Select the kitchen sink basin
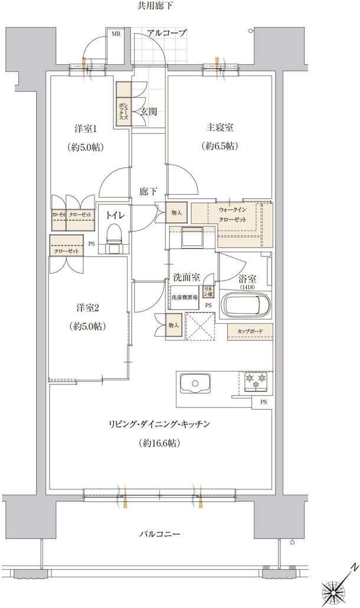(195, 383)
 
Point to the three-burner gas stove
(256, 380)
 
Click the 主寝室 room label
(220, 127)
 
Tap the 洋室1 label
(86, 128)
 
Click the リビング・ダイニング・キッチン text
(159, 424)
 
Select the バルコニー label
(159, 534)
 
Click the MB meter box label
(116, 34)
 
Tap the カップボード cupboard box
(250, 331)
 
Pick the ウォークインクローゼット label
(233, 215)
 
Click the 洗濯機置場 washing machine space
(184, 297)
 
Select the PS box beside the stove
(263, 402)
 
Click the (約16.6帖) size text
(159, 443)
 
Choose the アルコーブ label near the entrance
(167, 34)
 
